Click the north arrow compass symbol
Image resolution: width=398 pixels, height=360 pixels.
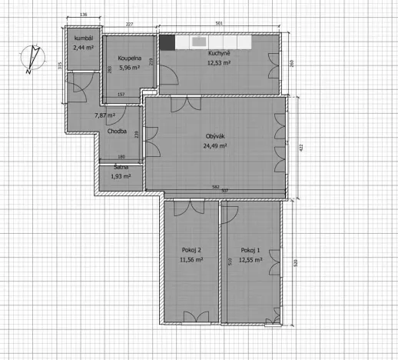click(x=29, y=60)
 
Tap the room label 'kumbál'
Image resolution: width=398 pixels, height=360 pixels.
click(x=83, y=39)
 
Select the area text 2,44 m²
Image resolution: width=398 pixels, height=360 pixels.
click(x=83, y=48)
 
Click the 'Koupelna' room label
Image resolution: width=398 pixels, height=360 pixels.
click(x=128, y=58)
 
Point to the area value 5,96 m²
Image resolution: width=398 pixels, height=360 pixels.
click(x=128, y=67)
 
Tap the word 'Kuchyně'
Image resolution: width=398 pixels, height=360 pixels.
click(x=219, y=54)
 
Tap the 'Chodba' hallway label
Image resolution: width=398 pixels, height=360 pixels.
click(x=118, y=132)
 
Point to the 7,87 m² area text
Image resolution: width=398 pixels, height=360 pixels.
click(x=104, y=115)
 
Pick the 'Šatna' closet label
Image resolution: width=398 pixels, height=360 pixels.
click(x=121, y=168)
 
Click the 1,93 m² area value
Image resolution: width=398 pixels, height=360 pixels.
click(x=121, y=176)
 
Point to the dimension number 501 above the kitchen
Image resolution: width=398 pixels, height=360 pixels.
click(x=219, y=25)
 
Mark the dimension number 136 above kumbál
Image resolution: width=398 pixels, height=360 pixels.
click(x=84, y=15)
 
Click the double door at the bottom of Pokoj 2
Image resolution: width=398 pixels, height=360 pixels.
click(x=191, y=316)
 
